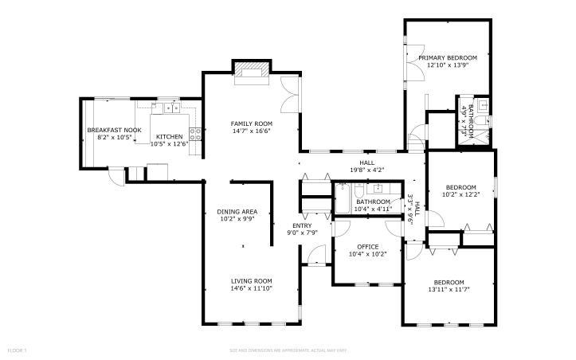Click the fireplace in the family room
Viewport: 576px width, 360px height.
[x=253, y=70]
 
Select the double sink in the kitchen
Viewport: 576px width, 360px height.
[x=169, y=108]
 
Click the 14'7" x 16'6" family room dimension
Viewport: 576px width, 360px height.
[x=252, y=131]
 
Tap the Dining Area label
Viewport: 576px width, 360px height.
[x=237, y=212]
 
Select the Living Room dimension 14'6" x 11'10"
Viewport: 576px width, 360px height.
[x=252, y=289]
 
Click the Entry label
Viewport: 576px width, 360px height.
[x=302, y=226]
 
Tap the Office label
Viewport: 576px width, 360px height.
[x=367, y=246]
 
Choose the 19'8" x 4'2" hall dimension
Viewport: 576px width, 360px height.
[x=367, y=170]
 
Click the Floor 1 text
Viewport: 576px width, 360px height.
[x=17, y=350]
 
